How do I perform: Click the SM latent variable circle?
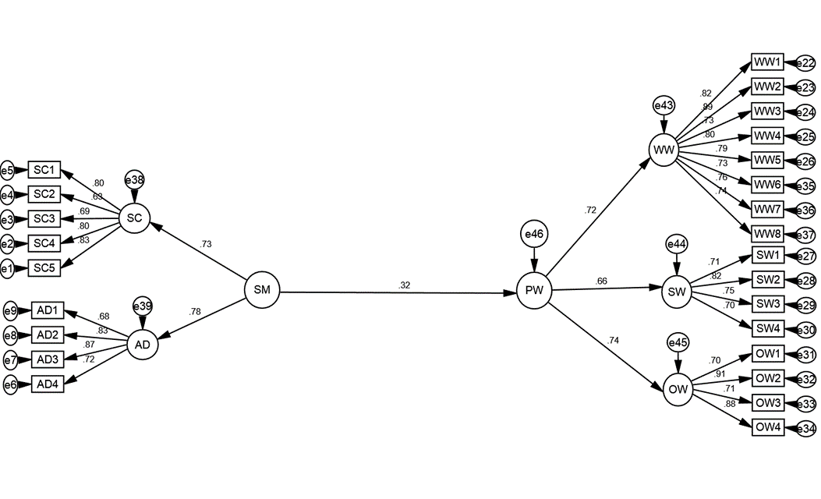(x=262, y=290)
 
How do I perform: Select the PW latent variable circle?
(x=534, y=291)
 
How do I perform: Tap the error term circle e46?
(x=534, y=234)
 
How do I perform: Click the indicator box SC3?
(x=44, y=218)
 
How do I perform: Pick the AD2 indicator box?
(x=48, y=334)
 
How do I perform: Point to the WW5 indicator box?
(x=768, y=160)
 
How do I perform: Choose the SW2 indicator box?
(x=768, y=280)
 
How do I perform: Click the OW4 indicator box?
(x=768, y=427)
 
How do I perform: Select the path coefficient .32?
(x=404, y=285)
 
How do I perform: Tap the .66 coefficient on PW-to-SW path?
(x=601, y=281)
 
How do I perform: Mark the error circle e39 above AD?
(x=143, y=306)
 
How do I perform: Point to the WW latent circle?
(x=664, y=150)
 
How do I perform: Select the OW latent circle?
(x=678, y=390)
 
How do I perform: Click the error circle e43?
(x=664, y=106)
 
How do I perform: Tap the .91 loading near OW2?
(x=720, y=373)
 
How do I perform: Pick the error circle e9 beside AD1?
(x=10, y=311)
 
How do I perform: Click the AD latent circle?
(x=143, y=345)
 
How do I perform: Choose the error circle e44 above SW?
(x=677, y=244)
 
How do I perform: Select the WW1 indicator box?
(x=768, y=62)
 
